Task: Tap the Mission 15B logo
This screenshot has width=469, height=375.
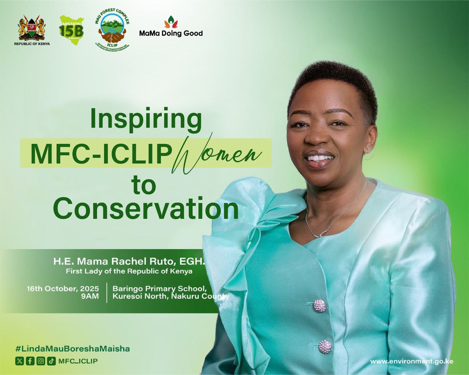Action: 71,30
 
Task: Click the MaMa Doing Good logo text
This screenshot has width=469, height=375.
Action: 171,33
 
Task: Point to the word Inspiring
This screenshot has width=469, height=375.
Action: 146,121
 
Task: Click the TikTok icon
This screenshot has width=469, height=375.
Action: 51,361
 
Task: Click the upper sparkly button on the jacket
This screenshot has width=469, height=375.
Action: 320,305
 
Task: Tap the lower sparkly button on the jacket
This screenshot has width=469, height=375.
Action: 325,346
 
